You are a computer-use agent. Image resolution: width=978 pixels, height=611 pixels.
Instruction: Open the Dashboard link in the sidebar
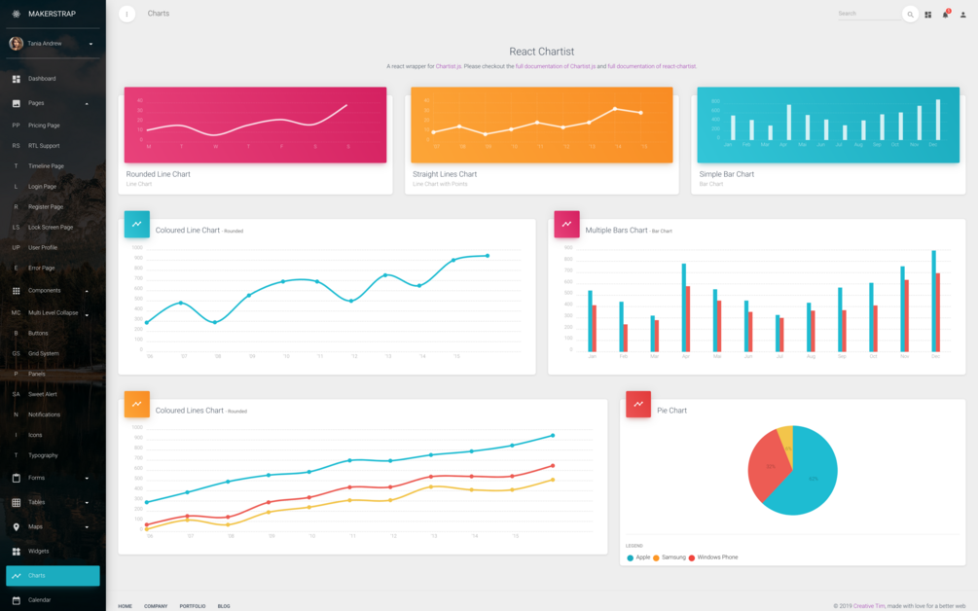pos(42,79)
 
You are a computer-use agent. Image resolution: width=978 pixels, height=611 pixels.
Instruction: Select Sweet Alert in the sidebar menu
pos(42,394)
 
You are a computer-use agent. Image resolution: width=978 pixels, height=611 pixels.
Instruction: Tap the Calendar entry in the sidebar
pos(40,599)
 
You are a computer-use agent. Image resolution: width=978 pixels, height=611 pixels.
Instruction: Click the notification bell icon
pos(945,15)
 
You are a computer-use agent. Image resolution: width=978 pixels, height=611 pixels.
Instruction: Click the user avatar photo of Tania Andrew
pos(17,43)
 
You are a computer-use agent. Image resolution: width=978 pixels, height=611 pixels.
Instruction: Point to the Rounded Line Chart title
pos(158,174)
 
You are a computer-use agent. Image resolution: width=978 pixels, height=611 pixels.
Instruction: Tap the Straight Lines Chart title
pos(445,174)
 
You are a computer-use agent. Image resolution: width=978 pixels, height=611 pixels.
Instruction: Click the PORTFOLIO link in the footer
pos(192,606)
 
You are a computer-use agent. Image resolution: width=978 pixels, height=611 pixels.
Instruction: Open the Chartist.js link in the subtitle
pos(448,66)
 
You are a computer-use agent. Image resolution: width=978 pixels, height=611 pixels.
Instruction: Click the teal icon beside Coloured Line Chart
pos(136,224)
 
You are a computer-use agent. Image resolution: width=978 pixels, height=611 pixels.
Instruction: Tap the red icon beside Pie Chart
pos(638,404)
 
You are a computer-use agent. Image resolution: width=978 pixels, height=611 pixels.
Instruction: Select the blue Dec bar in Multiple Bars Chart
pos(933,301)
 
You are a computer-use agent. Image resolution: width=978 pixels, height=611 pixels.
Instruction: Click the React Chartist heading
pos(541,52)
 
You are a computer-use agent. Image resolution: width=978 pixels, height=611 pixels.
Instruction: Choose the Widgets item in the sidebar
pos(39,551)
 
